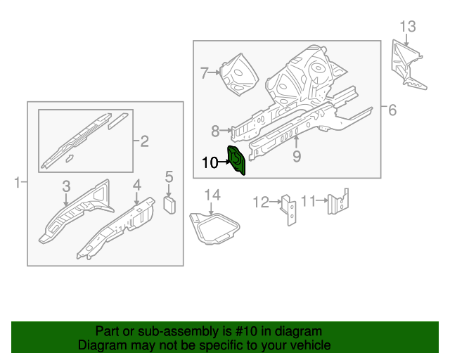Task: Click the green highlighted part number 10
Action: pyautogui.click(x=236, y=160)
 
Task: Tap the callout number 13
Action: pyautogui.click(x=408, y=27)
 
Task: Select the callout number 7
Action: pyautogui.click(x=204, y=73)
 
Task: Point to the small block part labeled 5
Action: pyautogui.click(x=169, y=205)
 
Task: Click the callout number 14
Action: pyautogui.click(x=212, y=195)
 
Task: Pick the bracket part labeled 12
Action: pyautogui.click(x=289, y=210)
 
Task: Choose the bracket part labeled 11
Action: pyautogui.click(x=338, y=202)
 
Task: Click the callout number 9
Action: pyautogui.click(x=297, y=157)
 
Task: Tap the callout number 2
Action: pyautogui.click(x=144, y=141)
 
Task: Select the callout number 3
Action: pyautogui.click(x=66, y=186)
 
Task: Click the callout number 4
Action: pyautogui.click(x=137, y=185)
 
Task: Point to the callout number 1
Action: pyautogui.click(x=17, y=183)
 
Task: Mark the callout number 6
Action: pyautogui.click(x=392, y=110)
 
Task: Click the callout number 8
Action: pyautogui.click(x=215, y=131)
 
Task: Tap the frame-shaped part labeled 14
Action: pyautogui.click(x=214, y=229)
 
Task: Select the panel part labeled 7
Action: pyautogui.click(x=239, y=74)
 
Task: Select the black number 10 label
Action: pyautogui.click(x=210, y=163)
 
